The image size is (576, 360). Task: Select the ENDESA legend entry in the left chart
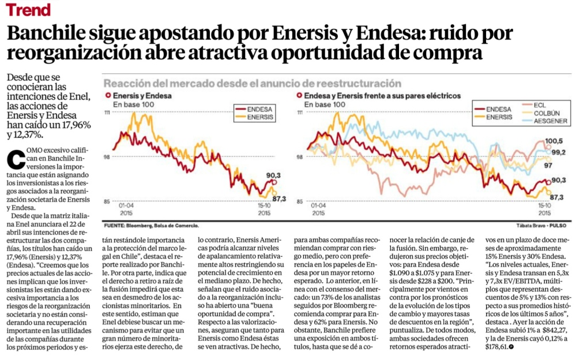click(252, 108)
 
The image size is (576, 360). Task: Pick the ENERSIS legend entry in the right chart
click(499, 117)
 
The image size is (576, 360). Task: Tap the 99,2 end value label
click(557, 152)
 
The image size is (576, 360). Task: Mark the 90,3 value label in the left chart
click(273, 175)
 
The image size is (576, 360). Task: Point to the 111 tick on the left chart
click(107, 113)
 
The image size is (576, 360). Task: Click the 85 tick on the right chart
click(298, 201)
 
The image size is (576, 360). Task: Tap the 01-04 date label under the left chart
click(126, 204)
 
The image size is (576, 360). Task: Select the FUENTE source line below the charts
click(152, 224)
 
